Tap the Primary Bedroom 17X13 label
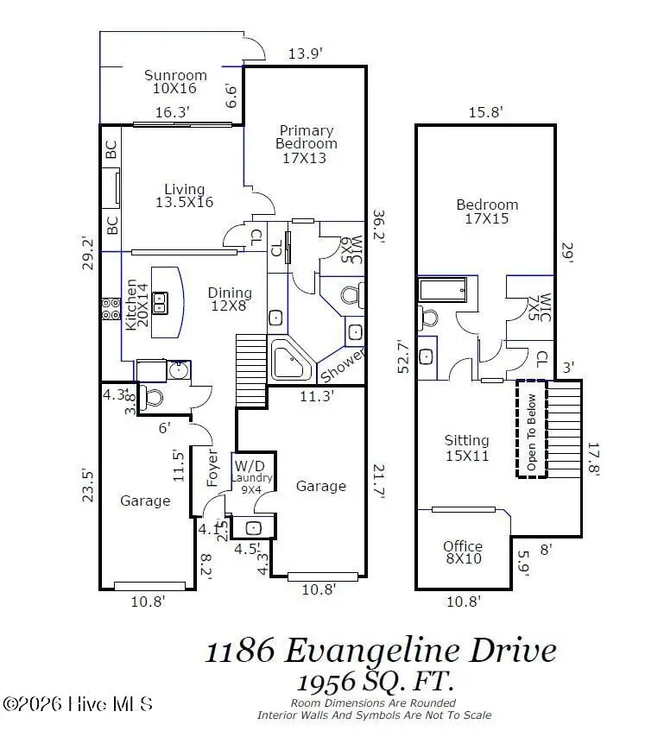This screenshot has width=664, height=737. pyautogui.click(x=305, y=144)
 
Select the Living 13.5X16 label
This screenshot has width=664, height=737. pyautogui.click(x=184, y=196)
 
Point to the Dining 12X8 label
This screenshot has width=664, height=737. pyautogui.click(x=230, y=299)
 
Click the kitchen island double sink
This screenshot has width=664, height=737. pyautogui.click(x=160, y=301)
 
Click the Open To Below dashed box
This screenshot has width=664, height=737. pyautogui.click(x=531, y=428)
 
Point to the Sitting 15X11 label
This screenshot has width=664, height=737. pyautogui.click(x=466, y=447)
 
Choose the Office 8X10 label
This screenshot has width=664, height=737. pyautogui.click(x=463, y=552)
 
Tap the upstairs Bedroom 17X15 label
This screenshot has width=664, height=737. pyautogui.click(x=487, y=211)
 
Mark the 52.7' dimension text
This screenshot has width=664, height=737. pyautogui.click(x=403, y=355)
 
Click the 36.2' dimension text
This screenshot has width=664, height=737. pyautogui.click(x=378, y=227)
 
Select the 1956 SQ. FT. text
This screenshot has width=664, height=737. pyautogui.click(x=376, y=682)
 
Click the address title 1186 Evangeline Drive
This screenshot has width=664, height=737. pyautogui.click(x=380, y=650)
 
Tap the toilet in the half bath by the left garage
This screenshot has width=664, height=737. pyautogui.click(x=152, y=399)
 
